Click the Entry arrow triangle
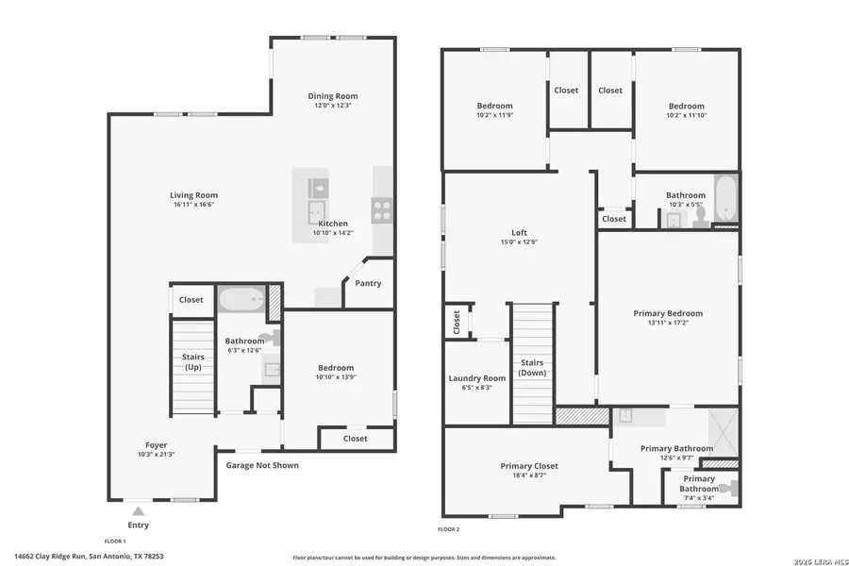(138, 510)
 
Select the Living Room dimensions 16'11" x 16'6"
(194, 205)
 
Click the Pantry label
(369, 282)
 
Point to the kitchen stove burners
(383, 209)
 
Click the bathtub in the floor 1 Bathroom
(242, 300)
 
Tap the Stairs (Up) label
(193, 363)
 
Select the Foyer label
(157, 444)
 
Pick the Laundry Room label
(476, 377)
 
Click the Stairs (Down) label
(533, 367)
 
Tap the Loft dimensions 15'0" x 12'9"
(519, 241)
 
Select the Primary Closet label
(529, 466)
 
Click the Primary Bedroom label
(668, 313)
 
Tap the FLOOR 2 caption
(449, 529)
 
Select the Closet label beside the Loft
(457, 322)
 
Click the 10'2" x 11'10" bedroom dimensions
(686, 116)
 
